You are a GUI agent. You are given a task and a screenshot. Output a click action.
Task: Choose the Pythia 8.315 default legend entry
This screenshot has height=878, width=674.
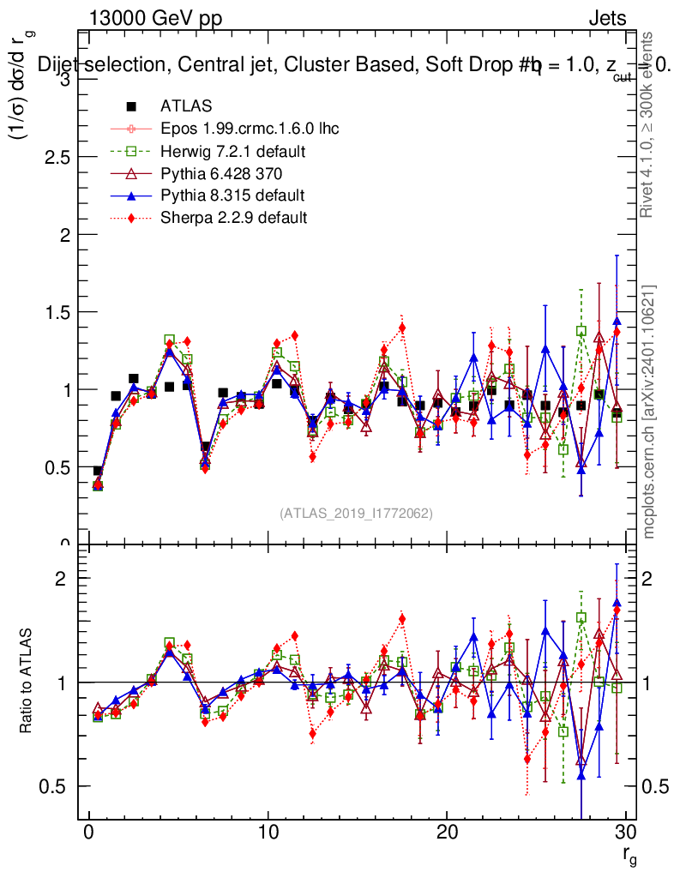tap(232, 195)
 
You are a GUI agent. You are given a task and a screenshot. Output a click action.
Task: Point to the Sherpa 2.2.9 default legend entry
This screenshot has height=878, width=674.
tap(233, 218)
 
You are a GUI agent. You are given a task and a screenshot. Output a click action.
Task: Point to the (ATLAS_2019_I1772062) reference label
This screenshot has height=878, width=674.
tap(356, 514)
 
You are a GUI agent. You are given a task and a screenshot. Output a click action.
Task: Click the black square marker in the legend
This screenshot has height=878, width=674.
tap(131, 107)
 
